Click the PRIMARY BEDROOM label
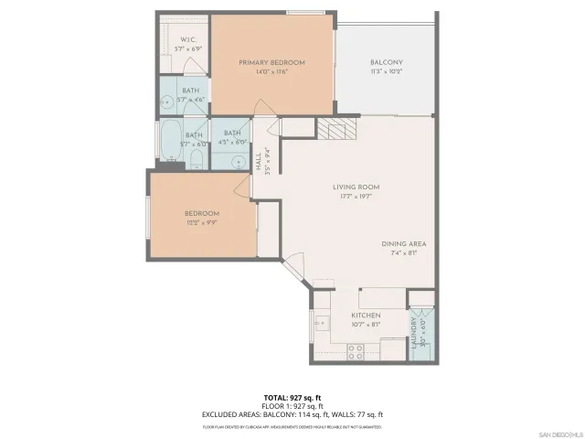click(x=271, y=62)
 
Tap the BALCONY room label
click(x=386, y=62)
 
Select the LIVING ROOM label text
click(x=356, y=187)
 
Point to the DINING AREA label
click(x=404, y=243)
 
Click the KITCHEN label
click(x=366, y=316)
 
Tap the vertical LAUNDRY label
click(x=413, y=335)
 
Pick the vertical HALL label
click(x=260, y=161)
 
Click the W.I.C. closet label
click(x=187, y=39)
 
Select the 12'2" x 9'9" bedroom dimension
click(x=202, y=222)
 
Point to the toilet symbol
click(x=197, y=162)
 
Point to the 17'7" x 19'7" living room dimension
click(x=356, y=196)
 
